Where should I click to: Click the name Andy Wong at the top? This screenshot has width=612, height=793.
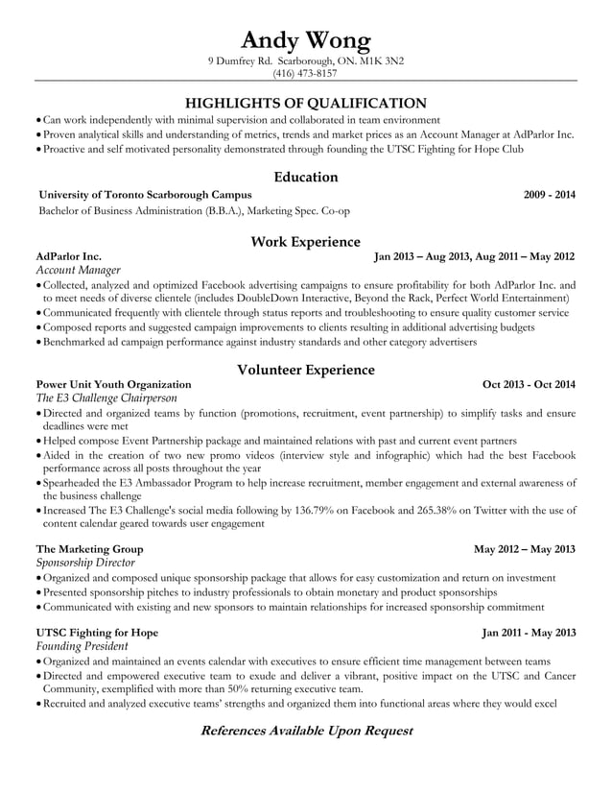[305, 39]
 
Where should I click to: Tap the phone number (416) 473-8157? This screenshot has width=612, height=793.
[305, 73]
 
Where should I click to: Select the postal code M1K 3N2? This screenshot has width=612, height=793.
[383, 60]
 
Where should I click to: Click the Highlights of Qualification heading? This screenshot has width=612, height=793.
[305, 103]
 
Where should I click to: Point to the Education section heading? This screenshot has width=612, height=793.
[305, 177]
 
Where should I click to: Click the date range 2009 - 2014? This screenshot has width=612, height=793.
[550, 195]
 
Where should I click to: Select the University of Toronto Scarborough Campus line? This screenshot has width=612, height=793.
[145, 195]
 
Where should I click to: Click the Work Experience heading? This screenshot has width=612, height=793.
[305, 241]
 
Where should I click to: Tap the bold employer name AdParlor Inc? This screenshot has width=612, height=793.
[68, 257]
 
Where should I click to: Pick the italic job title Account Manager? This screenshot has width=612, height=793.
[78, 272]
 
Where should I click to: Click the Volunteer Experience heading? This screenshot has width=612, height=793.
[305, 369]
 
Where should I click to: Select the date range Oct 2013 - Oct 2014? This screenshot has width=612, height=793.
[529, 385]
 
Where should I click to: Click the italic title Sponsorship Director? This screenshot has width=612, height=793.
[85, 563]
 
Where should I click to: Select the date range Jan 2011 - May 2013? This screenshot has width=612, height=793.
[529, 633]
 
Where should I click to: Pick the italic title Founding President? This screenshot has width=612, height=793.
[82, 647]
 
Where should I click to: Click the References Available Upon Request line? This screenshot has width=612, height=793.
[305, 731]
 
